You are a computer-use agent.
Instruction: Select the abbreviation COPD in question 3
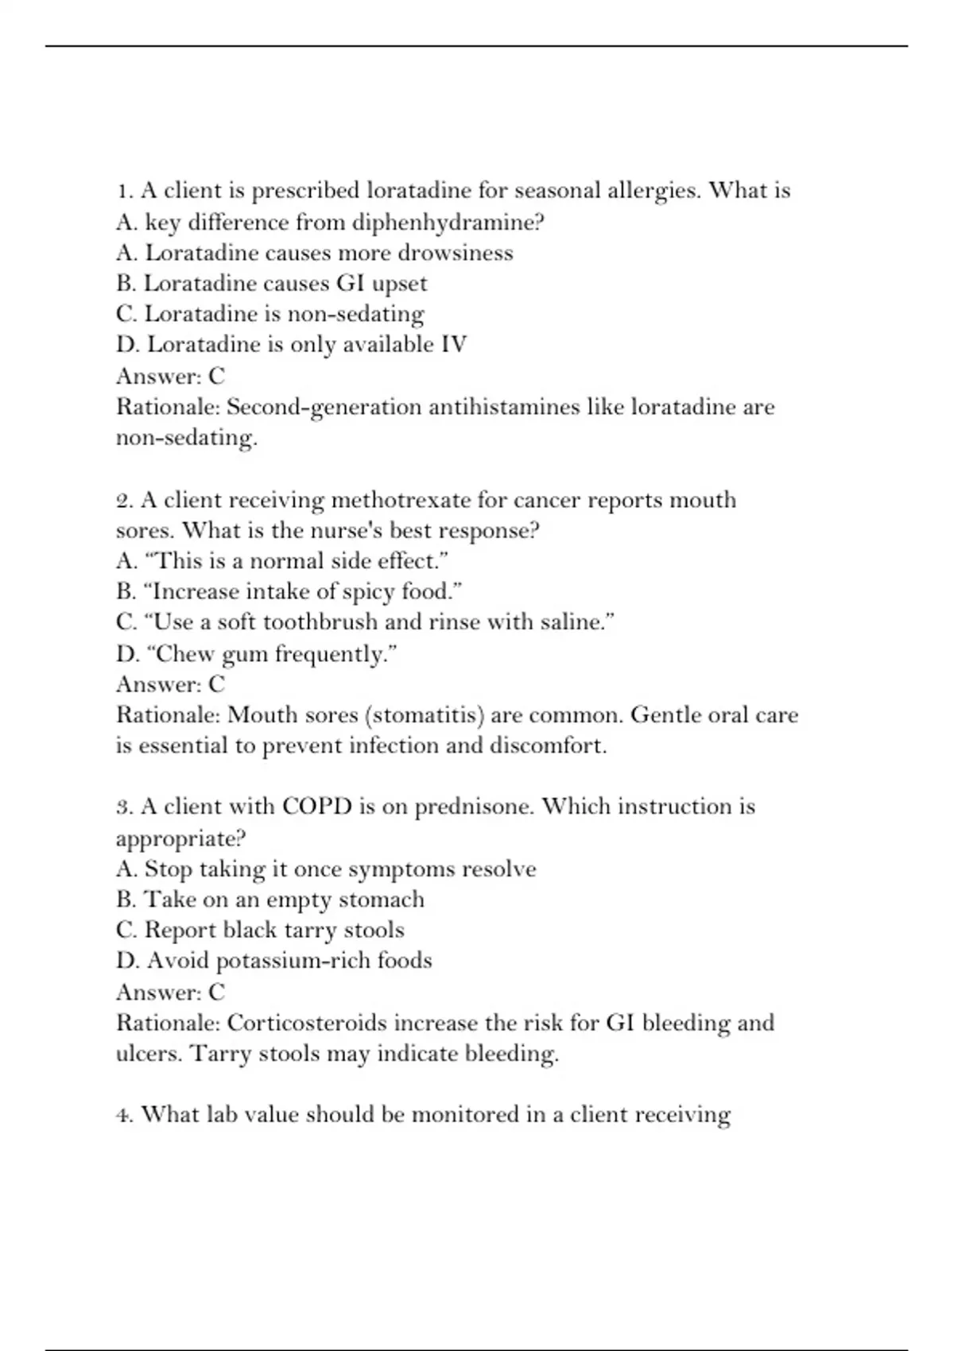[x=316, y=807]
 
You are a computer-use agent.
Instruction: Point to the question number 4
[x=124, y=1115]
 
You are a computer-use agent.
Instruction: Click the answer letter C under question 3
[x=216, y=992]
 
